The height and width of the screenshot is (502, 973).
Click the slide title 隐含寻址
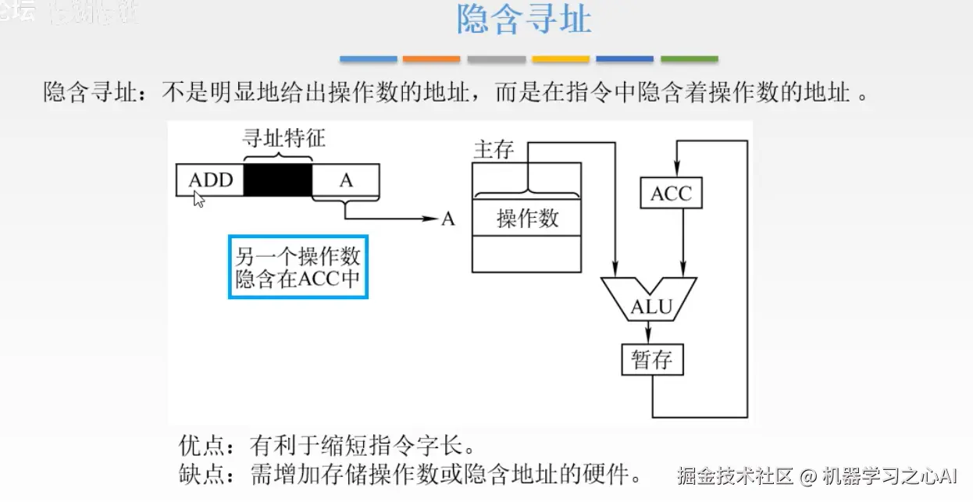524,20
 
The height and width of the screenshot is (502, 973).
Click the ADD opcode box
210,180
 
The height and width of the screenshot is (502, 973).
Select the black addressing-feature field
278,180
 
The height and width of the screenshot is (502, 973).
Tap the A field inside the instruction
346,180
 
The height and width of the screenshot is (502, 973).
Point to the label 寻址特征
282,139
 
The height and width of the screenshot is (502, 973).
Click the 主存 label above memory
494,150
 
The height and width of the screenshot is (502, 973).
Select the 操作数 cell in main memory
527,218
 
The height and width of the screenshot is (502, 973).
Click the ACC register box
671,193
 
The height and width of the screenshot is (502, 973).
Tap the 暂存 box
651,360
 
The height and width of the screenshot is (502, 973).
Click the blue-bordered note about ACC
298,267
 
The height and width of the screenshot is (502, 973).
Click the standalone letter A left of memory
448,219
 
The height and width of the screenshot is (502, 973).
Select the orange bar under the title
431,59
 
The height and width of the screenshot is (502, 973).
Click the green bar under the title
689,59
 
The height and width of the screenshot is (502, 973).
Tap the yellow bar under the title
560,59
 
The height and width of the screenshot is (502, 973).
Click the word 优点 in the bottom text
200,447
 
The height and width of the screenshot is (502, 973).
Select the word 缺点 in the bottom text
200,474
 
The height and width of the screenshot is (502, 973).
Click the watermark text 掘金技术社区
735,475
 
